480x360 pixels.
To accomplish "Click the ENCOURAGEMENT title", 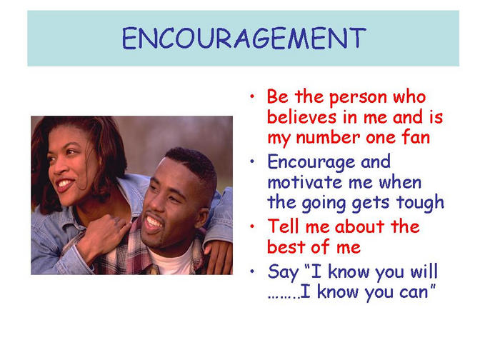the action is [x=244, y=38].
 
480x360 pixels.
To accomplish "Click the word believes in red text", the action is [x=302, y=116].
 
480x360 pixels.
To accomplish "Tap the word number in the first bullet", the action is [x=328, y=137].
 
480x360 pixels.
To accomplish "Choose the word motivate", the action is [x=305, y=182].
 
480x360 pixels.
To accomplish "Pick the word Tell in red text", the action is [x=283, y=226].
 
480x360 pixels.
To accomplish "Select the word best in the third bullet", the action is [x=283, y=246].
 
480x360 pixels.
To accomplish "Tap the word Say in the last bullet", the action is [x=283, y=272].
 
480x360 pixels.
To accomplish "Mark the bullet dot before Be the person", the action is [x=252, y=96].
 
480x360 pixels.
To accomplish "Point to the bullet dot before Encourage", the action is [x=252, y=161].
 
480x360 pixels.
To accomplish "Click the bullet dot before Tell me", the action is [x=252, y=226].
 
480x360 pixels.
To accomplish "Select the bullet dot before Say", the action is [x=252, y=271].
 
